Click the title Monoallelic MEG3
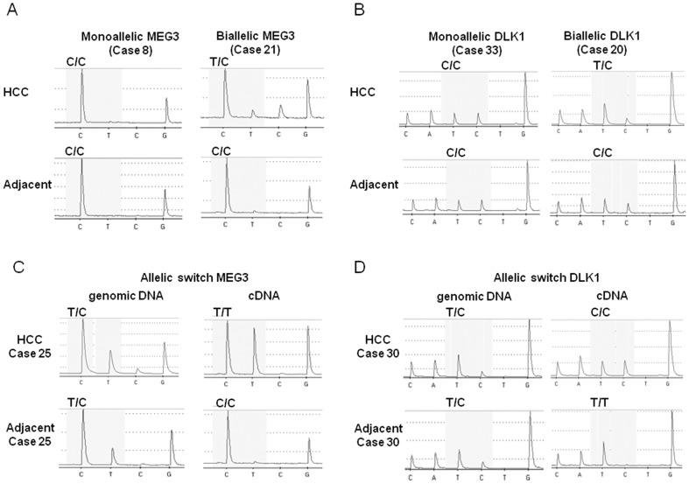[x=121, y=37]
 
